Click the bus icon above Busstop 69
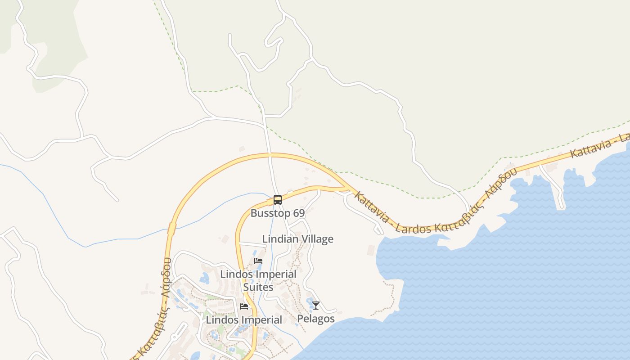click(278, 199)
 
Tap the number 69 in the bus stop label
click(298, 213)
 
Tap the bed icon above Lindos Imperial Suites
click(258, 261)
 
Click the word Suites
click(258, 287)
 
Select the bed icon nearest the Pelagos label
click(244, 306)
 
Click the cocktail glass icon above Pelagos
click(316, 306)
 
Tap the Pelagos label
click(316, 319)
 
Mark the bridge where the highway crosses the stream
click(171, 229)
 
